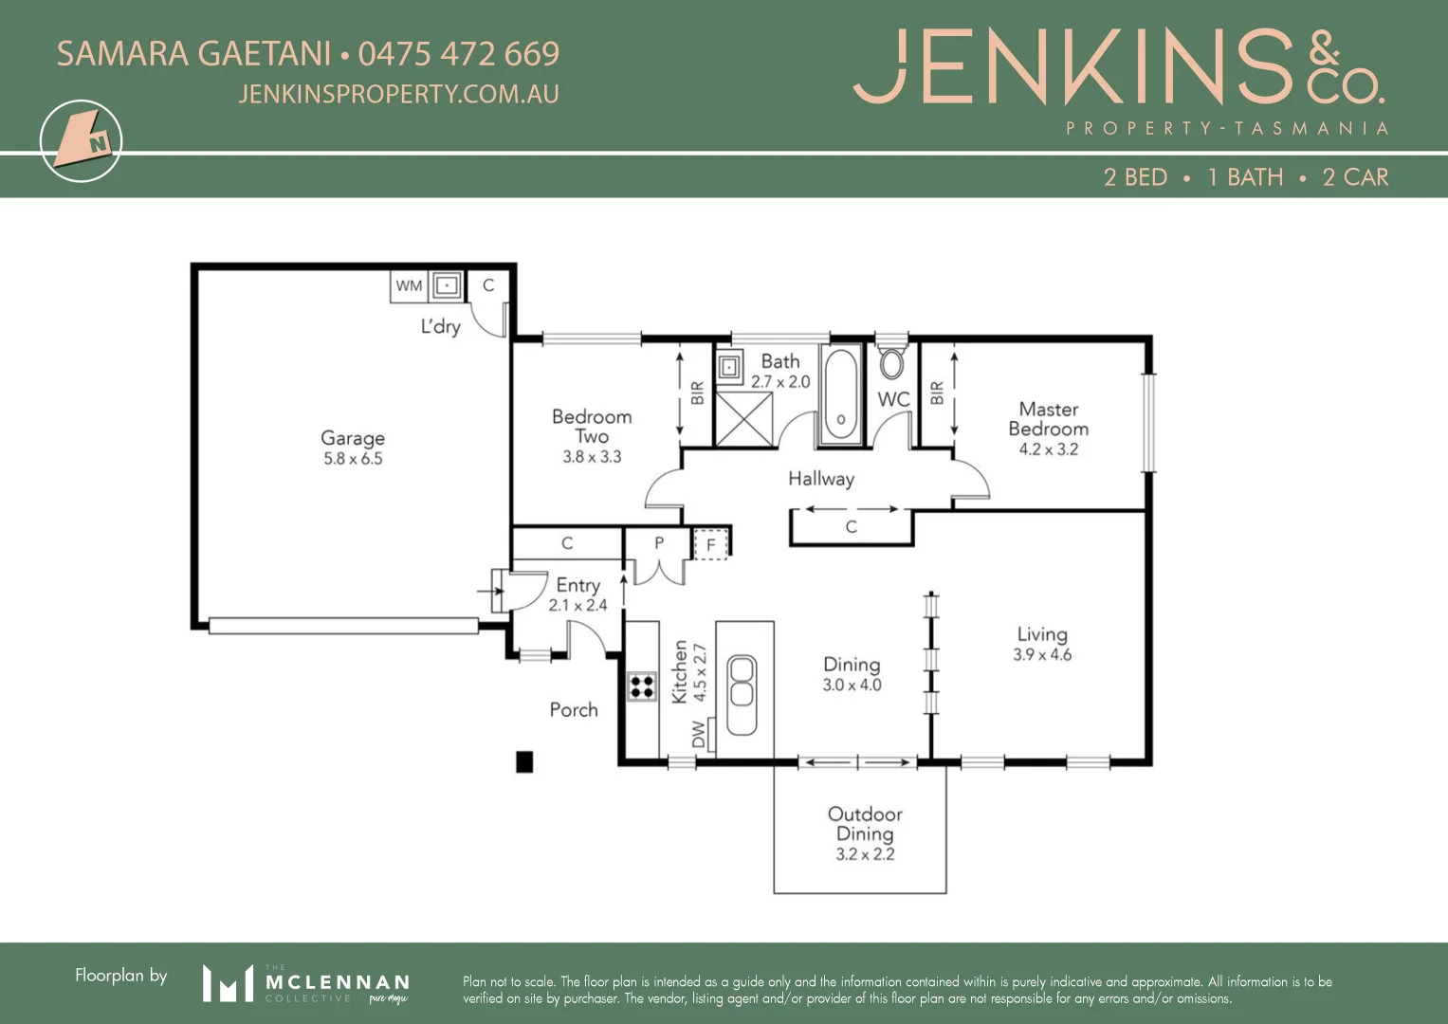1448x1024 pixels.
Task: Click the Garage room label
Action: click(353, 438)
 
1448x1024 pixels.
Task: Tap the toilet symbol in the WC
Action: click(891, 362)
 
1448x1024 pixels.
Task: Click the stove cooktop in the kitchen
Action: click(642, 686)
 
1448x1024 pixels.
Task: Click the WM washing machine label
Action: click(409, 285)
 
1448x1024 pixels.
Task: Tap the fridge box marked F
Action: click(710, 544)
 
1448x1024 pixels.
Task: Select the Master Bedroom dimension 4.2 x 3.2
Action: click(1048, 449)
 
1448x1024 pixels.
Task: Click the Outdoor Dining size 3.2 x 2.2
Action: click(865, 854)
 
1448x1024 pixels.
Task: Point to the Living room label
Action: click(1042, 634)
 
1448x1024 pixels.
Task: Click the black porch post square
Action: click(524, 761)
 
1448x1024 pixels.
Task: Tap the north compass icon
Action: click(82, 141)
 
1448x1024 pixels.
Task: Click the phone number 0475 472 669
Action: click(459, 54)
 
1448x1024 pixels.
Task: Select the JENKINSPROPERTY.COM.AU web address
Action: click(398, 94)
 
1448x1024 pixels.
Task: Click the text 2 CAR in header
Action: click(1355, 177)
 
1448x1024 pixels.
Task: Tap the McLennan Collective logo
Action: click(305, 983)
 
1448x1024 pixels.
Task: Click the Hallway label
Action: click(821, 479)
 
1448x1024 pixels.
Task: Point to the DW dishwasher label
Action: click(699, 734)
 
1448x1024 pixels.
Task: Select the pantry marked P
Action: click(659, 543)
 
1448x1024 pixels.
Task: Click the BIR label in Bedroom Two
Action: click(697, 393)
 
